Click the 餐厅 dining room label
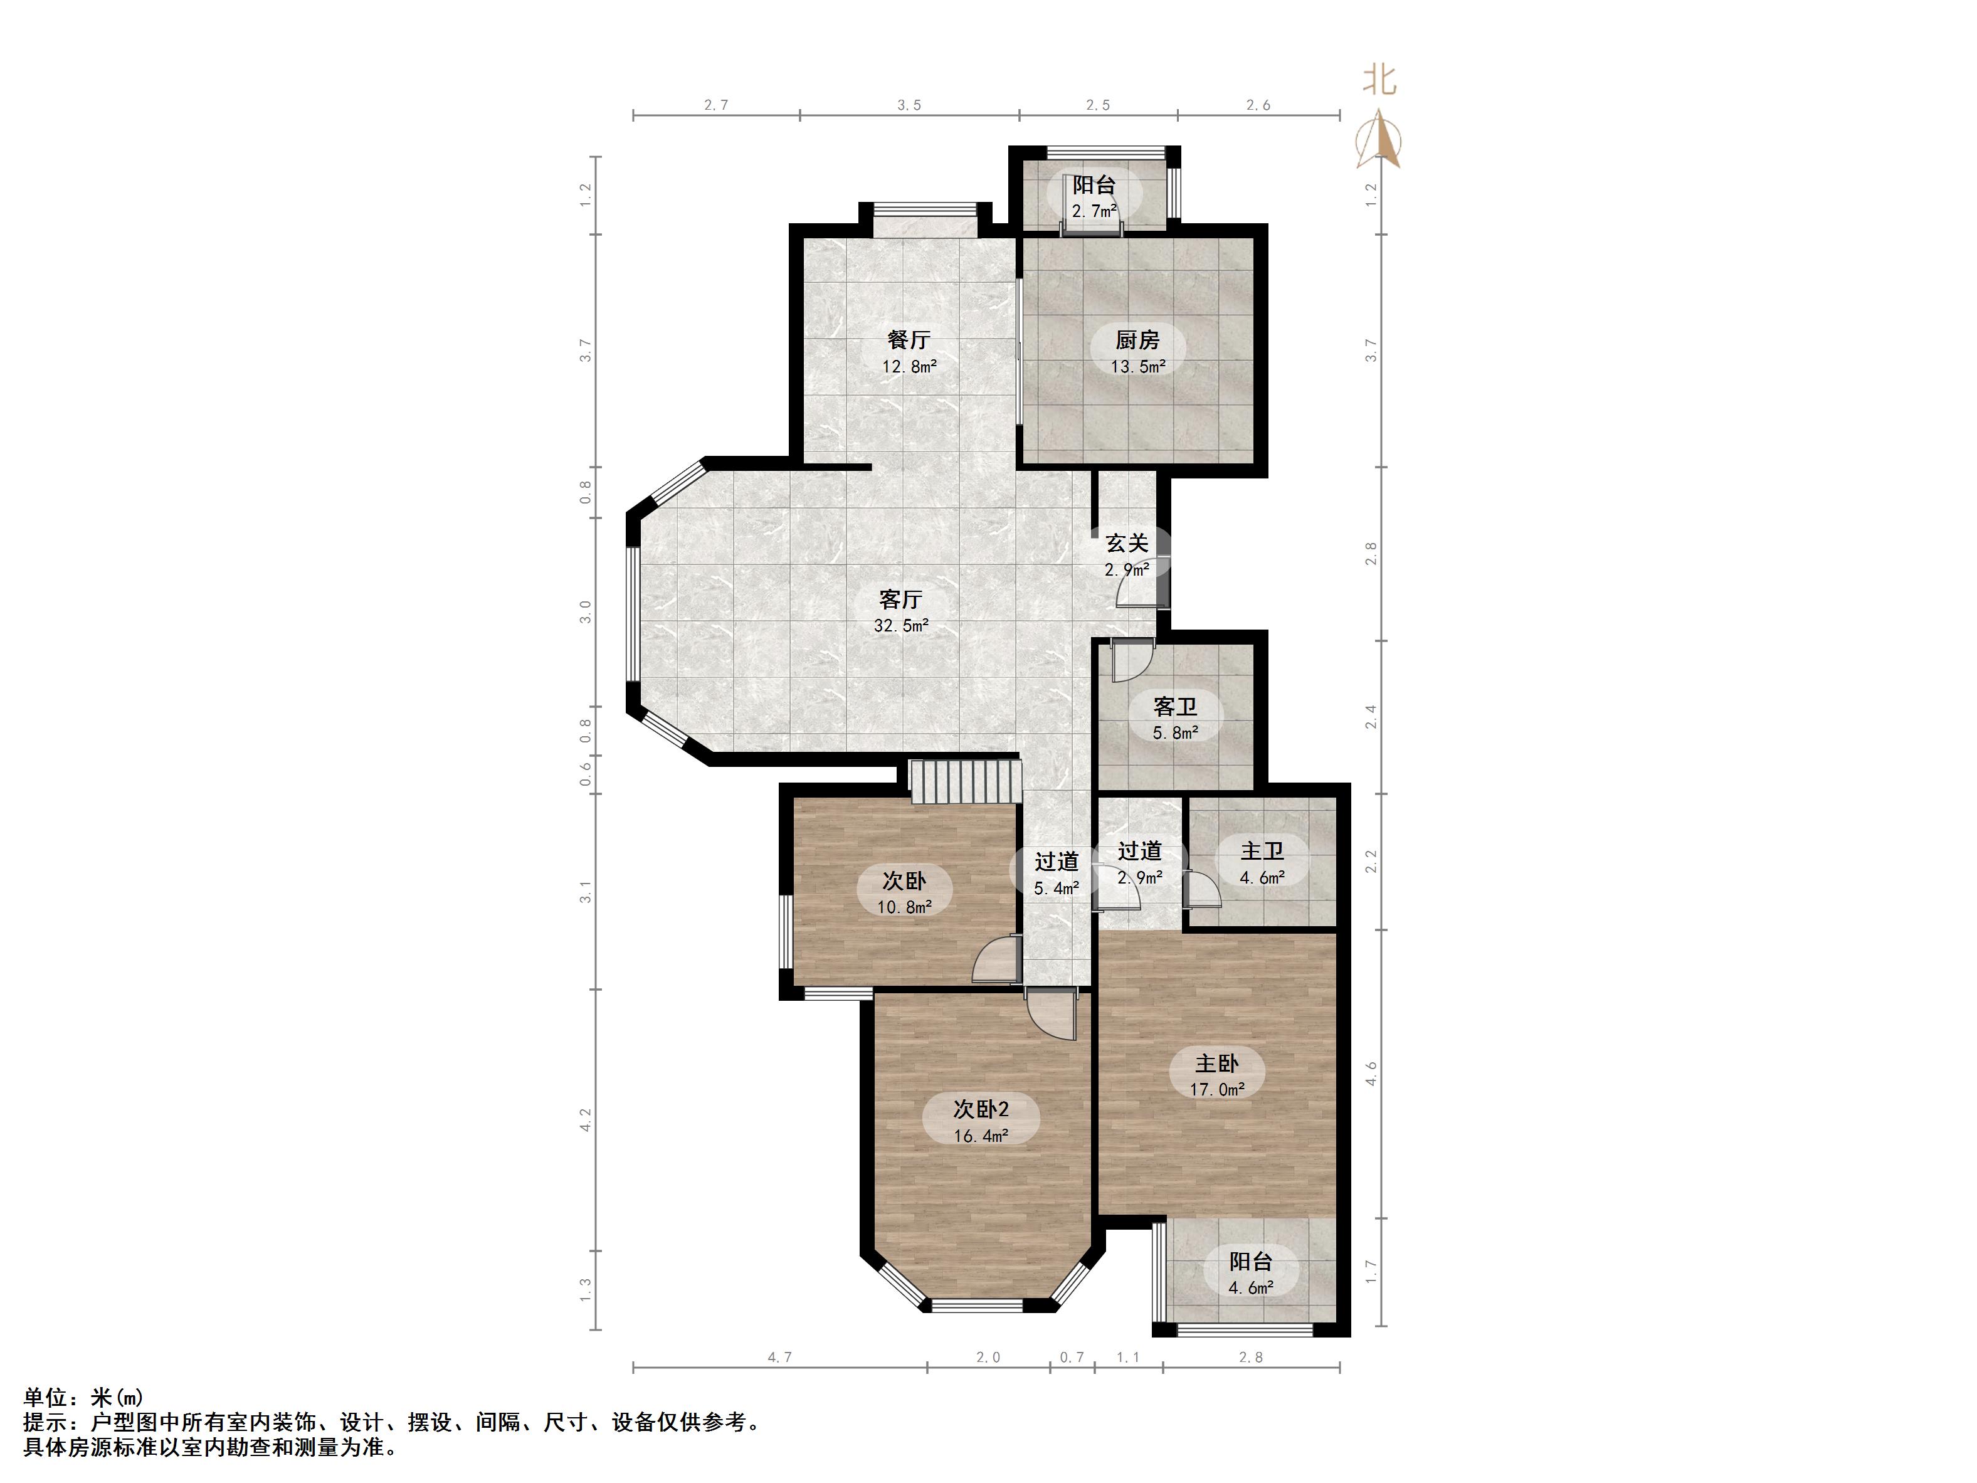pyautogui.click(x=909, y=340)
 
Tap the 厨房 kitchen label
pyautogui.click(x=1138, y=340)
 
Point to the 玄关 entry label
pyautogui.click(x=1127, y=542)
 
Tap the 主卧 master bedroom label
pyautogui.click(x=1217, y=1063)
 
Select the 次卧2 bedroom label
pyautogui.click(x=981, y=1109)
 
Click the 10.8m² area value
pyautogui.click(x=905, y=907)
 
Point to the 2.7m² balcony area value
pyautogui.click(x=1095, y=211)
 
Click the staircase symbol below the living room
pyautogui.click(x=965, y=781)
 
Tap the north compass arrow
pyautogui.click(x=1379, y=139)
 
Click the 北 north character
pyautogui.click(x=1379, y=78)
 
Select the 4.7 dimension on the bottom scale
pyautogui.click(x=780, y=1357)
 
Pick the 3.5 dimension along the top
pyautogui.click(x=909, y=105)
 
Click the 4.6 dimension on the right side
pyautogui.click(x=1371, y=1073)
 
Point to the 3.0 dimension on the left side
pyautogui.click(x=586, y=611)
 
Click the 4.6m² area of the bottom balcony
pyautogui.click(x=1252, y=1288)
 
